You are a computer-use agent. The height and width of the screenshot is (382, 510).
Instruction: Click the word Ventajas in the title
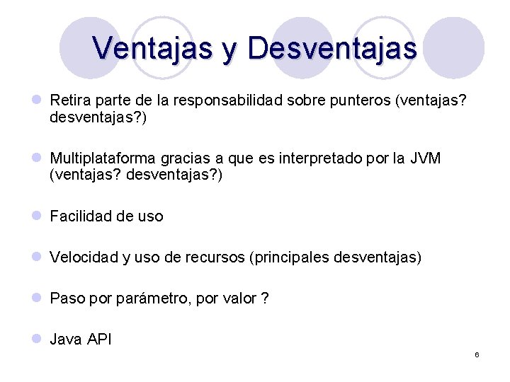(152, 48)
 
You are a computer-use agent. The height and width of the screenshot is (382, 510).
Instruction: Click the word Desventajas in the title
(332, 48)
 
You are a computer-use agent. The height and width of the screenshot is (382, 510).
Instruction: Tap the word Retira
(69, 100)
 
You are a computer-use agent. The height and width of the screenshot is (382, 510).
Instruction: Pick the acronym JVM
(424, 158)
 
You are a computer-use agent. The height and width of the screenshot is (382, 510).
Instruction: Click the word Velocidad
(84, 257)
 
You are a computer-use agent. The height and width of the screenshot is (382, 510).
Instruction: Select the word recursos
(215, 257)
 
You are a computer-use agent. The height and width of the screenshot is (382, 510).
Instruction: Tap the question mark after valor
(265, 299)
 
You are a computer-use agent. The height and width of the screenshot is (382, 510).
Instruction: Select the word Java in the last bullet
(66, 340)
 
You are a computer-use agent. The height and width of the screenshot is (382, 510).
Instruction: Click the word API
(99, 340)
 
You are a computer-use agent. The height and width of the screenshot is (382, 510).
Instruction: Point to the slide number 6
(477, 354)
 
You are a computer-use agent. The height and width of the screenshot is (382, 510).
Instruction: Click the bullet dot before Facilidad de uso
(36, 216)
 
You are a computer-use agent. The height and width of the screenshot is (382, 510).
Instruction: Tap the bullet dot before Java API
(36, 339)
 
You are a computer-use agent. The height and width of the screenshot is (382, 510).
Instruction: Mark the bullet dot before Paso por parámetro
(36, 298)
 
